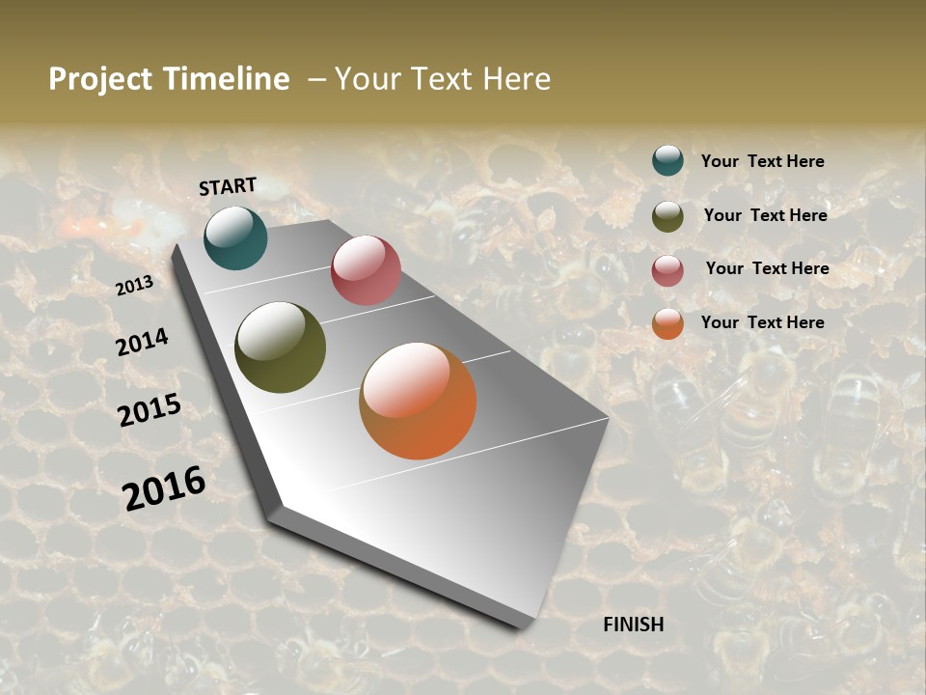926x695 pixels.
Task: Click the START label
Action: tap(228, 186)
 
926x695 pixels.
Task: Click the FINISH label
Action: tap(633, 625)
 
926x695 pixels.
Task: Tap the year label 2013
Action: tap(134, 286)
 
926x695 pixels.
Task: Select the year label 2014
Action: tap(142, 342)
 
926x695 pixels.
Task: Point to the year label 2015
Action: tap(149, 410)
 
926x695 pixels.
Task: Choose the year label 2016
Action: tap(163, 488)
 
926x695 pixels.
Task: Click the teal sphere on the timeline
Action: tap(235, 238)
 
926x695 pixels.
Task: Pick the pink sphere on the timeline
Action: tap(366, 270)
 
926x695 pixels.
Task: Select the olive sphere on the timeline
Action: tap(280, 347)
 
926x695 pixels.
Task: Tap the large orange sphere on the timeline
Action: tap(418, 401)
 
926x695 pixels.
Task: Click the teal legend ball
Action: tap(667, 160)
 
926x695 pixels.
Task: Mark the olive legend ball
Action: tap(667, 216)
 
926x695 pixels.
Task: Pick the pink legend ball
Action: tap(667, 270)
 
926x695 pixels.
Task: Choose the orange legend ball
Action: tap(667, 323)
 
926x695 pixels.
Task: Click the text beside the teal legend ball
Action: tap(762, 161)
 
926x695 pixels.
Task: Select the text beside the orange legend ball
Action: tap(762, 322)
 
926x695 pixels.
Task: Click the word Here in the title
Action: tap(516, 79)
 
